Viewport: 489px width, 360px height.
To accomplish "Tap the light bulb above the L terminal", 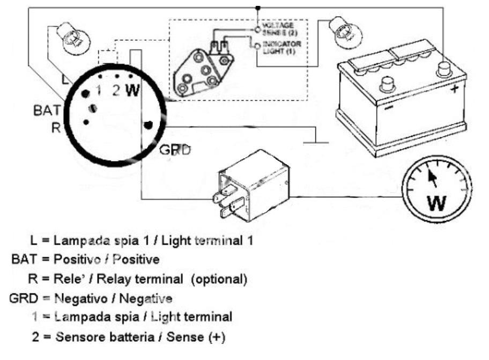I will pyautogui.click(x=73, y=36).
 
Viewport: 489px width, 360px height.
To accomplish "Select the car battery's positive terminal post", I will pyautogui.click(x=442, y=68).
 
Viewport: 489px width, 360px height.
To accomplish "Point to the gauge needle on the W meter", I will pyautogui.click(x=432, y=178).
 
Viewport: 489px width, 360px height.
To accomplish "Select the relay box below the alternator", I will pyautogui.click(x=253, y=183).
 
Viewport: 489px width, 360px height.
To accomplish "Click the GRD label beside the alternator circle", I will pyautogui.click(x=175, y=150).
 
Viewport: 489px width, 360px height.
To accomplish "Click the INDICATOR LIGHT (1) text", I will pyautogui.click(x=280, y=47).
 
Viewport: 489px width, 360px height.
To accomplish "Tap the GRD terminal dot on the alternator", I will pyautogui.click(x=149, y=126).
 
